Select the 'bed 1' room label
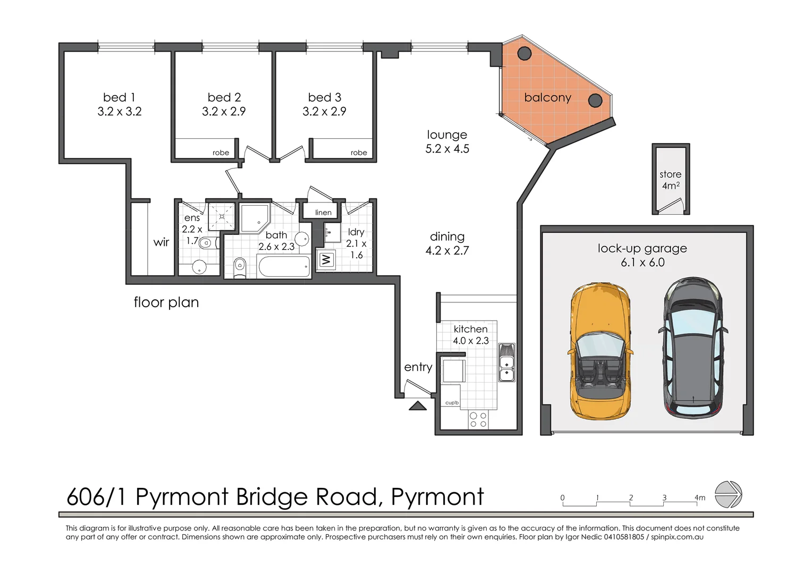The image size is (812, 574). click(x=119, y=97)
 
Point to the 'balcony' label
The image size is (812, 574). click(x=547, y=98)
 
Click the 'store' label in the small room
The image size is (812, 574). click(x=670, y=174)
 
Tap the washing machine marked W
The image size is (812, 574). click(x=326, y=260)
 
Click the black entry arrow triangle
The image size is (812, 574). click(x=418, y=406)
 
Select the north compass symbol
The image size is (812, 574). click(x=728, y=494)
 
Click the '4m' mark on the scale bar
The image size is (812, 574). click(x=699, y=498)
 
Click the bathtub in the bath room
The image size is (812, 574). click(x=284, y=266)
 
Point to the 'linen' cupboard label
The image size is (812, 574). click(x=323, y=213)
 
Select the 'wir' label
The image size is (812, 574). click(x=161, y=242)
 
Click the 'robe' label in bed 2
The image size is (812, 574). click(x=221, y=153)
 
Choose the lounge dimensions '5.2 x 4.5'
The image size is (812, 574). click(x=447, y=149)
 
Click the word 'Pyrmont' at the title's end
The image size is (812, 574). click(x=437, y=497)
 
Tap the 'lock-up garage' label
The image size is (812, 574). click(x=642, y=248)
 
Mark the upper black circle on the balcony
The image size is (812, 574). click(x=525, y=53)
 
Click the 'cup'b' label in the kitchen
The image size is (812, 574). click(x=452, y=403)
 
